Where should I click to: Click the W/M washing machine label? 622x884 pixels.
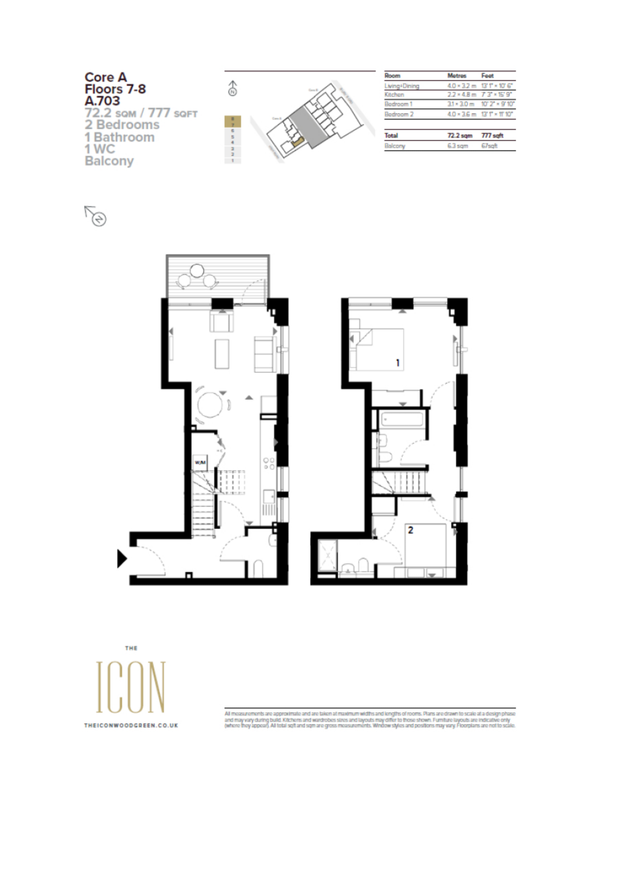pos(200,463)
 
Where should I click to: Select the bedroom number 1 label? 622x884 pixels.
pos(398,362)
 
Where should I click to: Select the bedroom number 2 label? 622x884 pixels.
pos(411,530)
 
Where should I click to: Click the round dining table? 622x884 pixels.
pos(210,405)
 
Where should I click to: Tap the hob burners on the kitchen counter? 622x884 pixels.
pos(269,464)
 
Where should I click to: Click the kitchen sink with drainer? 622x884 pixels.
pos(269,502)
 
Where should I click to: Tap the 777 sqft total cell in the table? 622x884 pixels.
pos(492,136)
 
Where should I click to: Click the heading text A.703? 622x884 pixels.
pos(102,101)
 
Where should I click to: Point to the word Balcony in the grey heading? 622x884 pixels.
pos(109,161)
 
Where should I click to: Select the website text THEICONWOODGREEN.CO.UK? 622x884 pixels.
pos(131,725)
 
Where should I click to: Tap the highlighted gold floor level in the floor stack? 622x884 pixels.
pos(233,122)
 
